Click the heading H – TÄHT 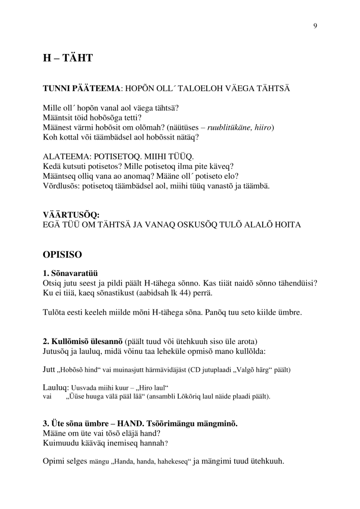click(x=67, y=59)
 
